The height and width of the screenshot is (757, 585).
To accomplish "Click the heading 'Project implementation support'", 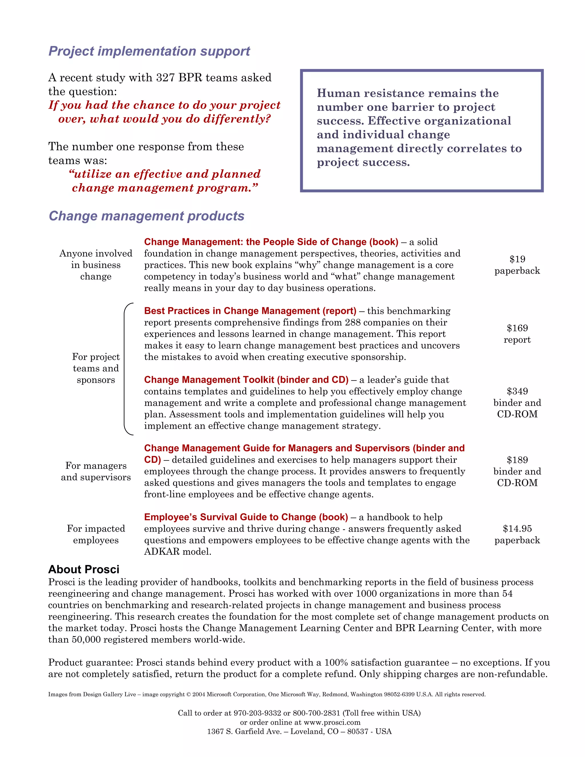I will coord(149,51).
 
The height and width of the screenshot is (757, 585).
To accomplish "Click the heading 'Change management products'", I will coord(146,216).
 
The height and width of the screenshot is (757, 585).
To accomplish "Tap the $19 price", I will coord(517,259).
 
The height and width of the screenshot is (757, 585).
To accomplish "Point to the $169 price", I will coord(517,328).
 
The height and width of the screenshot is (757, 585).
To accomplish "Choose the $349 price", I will coord(517,391).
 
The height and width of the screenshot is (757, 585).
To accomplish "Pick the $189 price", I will coord(517,460).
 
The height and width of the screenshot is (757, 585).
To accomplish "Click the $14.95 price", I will coord(517,528).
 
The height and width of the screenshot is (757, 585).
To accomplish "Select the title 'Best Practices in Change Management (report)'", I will coord(250,311).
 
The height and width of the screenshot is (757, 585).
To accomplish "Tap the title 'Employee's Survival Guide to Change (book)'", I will coord(246,517).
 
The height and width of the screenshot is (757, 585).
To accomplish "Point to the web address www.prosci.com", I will coord(332,722).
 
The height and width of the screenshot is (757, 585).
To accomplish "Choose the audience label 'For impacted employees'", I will coord(96,534).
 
